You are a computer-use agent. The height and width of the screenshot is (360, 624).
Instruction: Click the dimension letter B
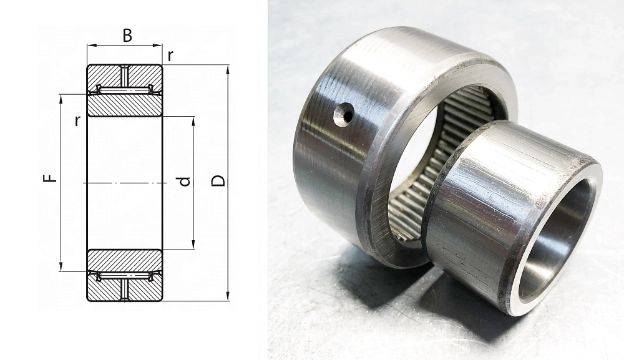coord(127,36)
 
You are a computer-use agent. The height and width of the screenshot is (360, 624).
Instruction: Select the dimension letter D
coord(218,181)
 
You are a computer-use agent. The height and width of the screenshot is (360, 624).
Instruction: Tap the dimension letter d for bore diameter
coord(184,182)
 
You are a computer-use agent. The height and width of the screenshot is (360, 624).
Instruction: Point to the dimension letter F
coord(50,176)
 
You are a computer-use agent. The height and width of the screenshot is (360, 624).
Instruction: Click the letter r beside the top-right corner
coord(170,57)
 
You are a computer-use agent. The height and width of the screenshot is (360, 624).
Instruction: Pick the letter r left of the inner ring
coord(77,121)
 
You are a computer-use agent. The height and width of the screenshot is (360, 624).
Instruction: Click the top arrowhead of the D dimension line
coord(228,70)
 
